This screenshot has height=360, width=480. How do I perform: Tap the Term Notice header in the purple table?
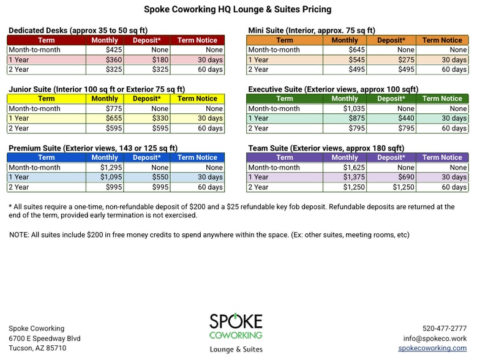442,157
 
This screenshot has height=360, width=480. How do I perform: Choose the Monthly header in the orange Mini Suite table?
345,40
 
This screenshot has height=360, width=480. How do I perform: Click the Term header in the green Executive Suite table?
284,99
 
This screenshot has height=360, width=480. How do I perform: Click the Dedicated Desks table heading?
78,30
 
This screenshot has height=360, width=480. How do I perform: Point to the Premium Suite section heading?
93,148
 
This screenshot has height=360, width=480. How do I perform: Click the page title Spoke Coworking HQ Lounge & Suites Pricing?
238,9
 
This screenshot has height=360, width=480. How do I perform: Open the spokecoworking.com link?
432,348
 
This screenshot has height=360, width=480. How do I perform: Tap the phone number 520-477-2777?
444,328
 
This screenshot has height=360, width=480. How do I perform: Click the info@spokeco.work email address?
435,338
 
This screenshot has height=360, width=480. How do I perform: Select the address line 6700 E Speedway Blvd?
44,338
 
